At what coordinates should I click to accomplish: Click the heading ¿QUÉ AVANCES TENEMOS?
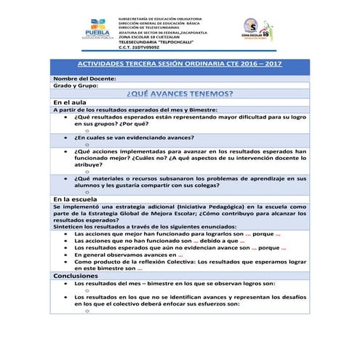tap(180, 94)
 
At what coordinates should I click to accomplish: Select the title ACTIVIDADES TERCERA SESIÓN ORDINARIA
tap(180, 65)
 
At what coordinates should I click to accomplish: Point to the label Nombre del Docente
tap(84, 79)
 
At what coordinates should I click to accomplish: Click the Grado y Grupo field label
tap(76, 86)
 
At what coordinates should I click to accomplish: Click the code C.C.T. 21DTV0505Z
tap(143, 47)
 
